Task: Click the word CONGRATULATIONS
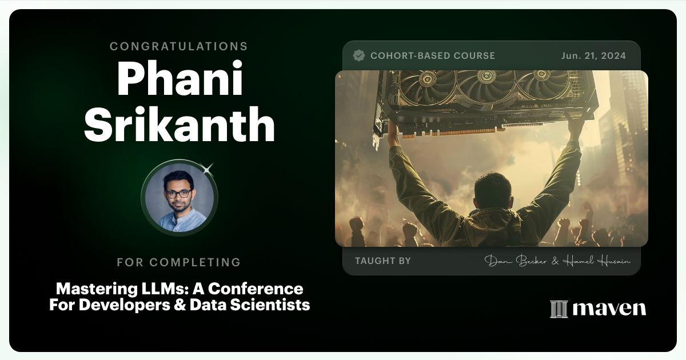[x=179, y=46]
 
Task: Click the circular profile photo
[x=180, y=197]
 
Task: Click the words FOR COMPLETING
[x=179, y=262]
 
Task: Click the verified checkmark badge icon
[x=359, y=55]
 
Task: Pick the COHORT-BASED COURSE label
[x=433, y=55]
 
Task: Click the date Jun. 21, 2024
[x=593, y=55]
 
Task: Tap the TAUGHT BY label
[x=382, y=261]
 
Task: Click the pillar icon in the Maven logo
[x=559, y=309]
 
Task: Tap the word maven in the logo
[x=609, y=309]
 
